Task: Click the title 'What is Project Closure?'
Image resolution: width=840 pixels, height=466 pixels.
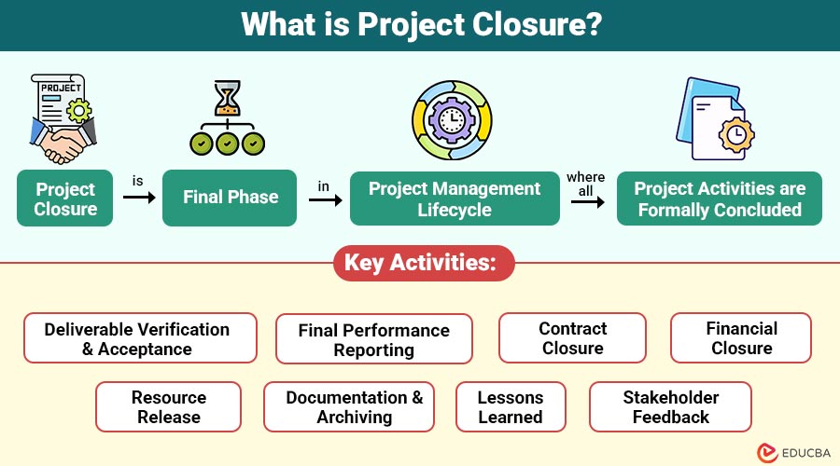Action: [x=420, y=25]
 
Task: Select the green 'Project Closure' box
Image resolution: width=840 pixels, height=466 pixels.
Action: [x=65, y=199]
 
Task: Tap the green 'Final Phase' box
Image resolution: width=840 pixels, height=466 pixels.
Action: [x=230, y=198]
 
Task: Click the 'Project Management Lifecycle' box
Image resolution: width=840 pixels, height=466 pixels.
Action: [x=455, y=199]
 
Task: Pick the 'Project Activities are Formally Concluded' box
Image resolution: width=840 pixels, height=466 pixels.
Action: [x=719, y=199]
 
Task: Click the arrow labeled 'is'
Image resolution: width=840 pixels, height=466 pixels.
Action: [x=138, y=198]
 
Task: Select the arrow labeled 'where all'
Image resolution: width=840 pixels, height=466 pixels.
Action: [x=586, y=199]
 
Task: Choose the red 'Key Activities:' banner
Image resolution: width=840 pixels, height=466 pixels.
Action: [x=420, y=263]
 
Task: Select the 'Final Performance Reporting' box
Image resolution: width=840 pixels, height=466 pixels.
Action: [x=373, y=339]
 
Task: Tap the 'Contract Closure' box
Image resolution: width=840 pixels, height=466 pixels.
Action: [x=572, y=338]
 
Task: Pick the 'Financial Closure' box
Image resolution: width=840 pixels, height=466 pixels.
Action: [x=741, y=338]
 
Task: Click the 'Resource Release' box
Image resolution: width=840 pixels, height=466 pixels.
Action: [x=168, y=406]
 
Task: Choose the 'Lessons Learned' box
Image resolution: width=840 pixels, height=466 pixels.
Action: [x=511, y=406]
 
